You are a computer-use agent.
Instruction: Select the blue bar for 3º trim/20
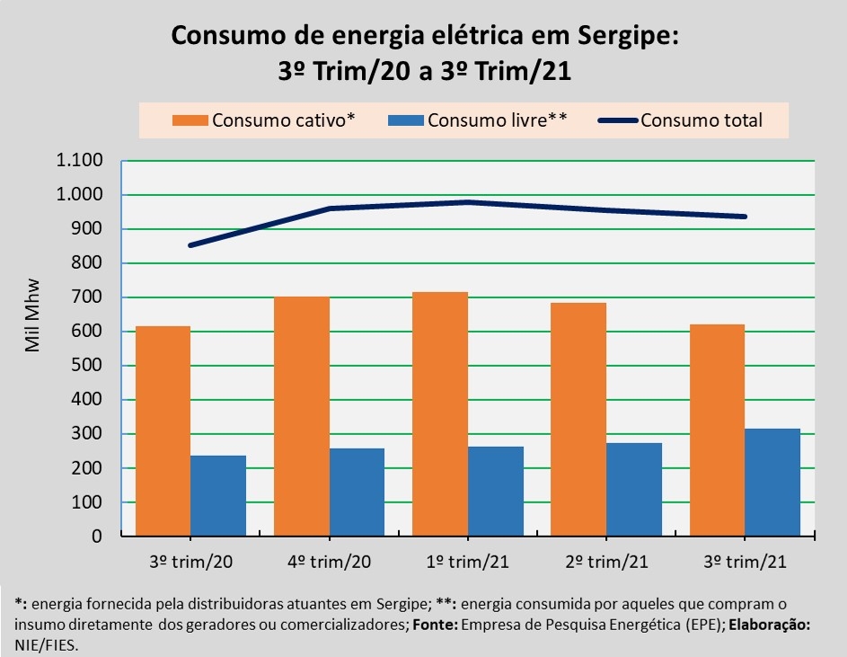tap(218, 496)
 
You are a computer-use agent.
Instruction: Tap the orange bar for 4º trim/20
tap(302, 416)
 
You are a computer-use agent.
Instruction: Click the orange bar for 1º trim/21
tap(440, 414)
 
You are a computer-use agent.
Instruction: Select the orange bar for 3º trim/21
tap(718, 431)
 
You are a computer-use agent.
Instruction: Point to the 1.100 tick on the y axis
tap(79, 162)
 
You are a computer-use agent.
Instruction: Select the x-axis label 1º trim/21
tap(467, 563)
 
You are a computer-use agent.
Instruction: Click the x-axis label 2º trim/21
tap(606, 563)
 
